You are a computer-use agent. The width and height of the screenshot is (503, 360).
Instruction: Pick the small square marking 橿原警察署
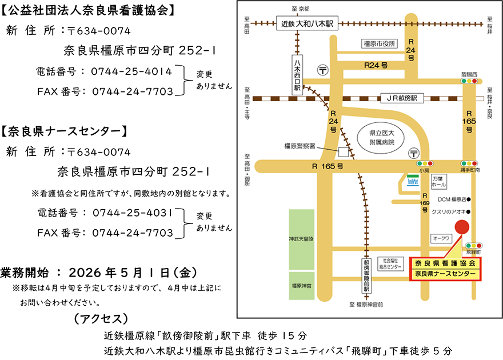pyautogui.click(x=343, y=152)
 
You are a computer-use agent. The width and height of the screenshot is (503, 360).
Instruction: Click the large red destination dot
pyautogui.click(x=461, y=226)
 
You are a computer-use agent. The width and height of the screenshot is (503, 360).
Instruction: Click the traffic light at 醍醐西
pyautogui.click(x=469, y=82)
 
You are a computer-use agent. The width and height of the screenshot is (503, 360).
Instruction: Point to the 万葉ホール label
pyautogui.click(x=438, y=182)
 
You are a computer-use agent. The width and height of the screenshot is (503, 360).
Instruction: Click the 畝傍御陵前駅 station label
pyautogui.click(x=366, y=275)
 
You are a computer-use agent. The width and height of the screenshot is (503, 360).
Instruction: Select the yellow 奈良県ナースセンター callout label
pyautogui.click(x=445, y=274)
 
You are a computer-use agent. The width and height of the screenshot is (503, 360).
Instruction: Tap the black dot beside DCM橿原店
pyautogui.click(x=469, y=200)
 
